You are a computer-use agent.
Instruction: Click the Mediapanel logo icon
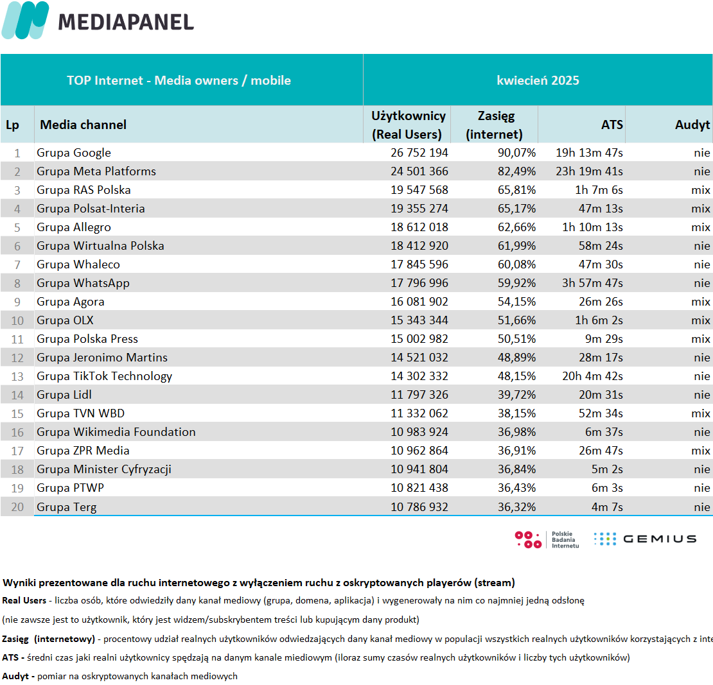tap(26, 20)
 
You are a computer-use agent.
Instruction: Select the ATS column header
tap(612, 125)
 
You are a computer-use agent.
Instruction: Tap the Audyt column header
tap(692, 125)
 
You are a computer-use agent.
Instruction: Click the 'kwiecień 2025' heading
tap(538, 80)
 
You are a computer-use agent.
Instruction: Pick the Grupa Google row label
tap(74, 153)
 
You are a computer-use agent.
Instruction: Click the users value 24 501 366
tap(419, 171)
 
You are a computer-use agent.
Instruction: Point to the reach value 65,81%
tap(516, 190)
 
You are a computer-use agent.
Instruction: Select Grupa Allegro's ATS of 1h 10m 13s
tap(592, 227)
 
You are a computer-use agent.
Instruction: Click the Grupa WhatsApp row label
tap(84, 283)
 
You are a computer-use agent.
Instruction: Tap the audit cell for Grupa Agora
tap(701, 302)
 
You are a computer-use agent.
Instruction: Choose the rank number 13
tap(17, 376)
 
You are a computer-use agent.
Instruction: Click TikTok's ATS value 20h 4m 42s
tap(592, 376)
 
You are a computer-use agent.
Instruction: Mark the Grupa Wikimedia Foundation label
tap(116, 432)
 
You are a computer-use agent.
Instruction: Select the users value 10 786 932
tap(419, 507)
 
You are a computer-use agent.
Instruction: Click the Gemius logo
tap(646, 539)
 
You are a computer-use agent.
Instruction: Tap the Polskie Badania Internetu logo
tap(547, 539)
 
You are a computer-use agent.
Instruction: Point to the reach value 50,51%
tap(516, 339)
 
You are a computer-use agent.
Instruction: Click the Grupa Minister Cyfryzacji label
tap(104, 469)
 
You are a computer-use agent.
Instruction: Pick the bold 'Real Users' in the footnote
tap(24, 600)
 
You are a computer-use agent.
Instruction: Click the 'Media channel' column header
tap(84, 125)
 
